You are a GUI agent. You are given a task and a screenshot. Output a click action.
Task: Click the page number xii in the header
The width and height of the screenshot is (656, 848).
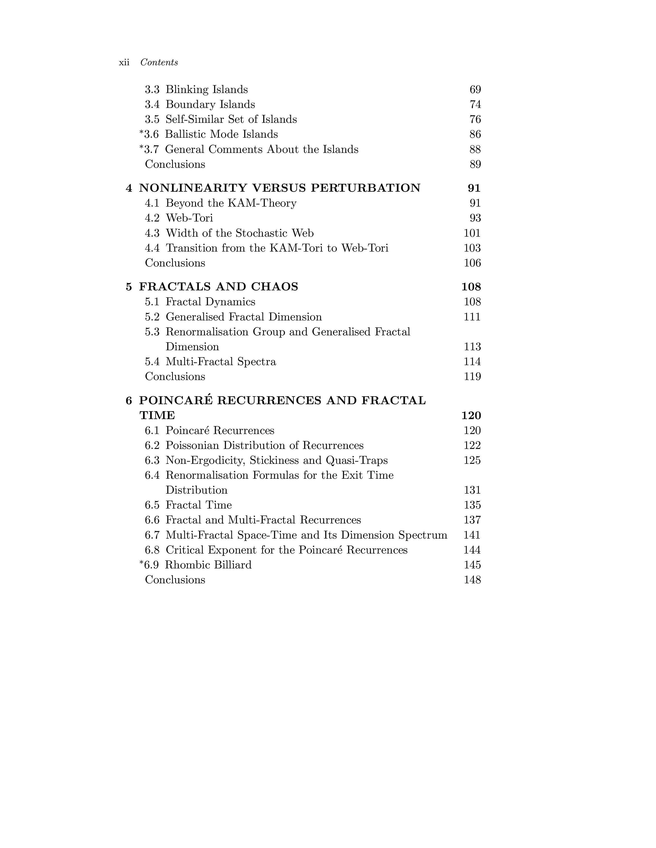tap(124, 62)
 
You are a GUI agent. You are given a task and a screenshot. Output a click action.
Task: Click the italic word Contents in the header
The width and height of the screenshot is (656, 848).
tap(159, 62)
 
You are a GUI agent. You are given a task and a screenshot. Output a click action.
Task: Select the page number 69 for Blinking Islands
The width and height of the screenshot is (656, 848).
tap(475, 90)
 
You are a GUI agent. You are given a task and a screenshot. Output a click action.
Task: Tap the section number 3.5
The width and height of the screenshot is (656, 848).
tap(152, 119)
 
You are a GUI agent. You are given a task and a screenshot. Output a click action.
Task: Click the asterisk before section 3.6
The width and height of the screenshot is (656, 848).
tap(141, 133)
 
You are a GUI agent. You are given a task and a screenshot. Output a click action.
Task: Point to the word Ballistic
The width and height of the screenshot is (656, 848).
tap(186, 134)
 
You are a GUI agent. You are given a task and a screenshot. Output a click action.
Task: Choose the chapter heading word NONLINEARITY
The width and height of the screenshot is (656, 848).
tap(193, 188)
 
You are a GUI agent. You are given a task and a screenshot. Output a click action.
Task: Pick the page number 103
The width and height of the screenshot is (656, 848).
tap(472, 248)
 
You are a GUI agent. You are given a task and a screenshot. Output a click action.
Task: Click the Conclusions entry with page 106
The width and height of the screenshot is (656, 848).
tap(175, 263)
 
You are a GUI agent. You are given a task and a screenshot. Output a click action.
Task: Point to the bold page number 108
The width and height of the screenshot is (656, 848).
tap(471, 287)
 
